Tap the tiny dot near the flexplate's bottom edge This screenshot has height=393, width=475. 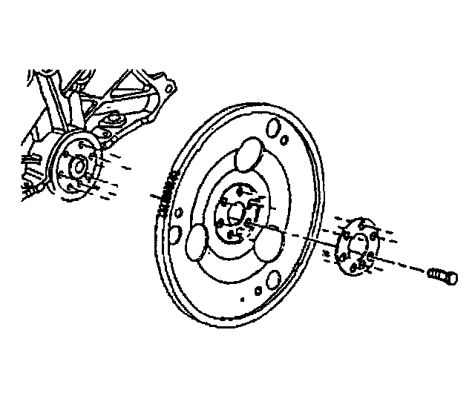(242, 300)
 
